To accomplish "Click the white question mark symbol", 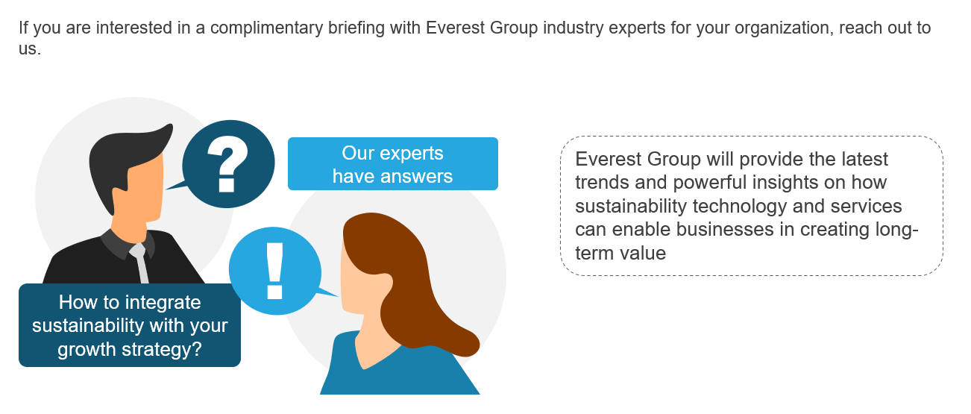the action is (x=227, y=164).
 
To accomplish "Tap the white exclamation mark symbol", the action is (x=275, y=271).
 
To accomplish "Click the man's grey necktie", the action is (x=140, y=263).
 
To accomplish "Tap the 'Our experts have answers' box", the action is (x=393, y=164).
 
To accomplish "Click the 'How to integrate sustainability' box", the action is (x=130, y=325).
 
